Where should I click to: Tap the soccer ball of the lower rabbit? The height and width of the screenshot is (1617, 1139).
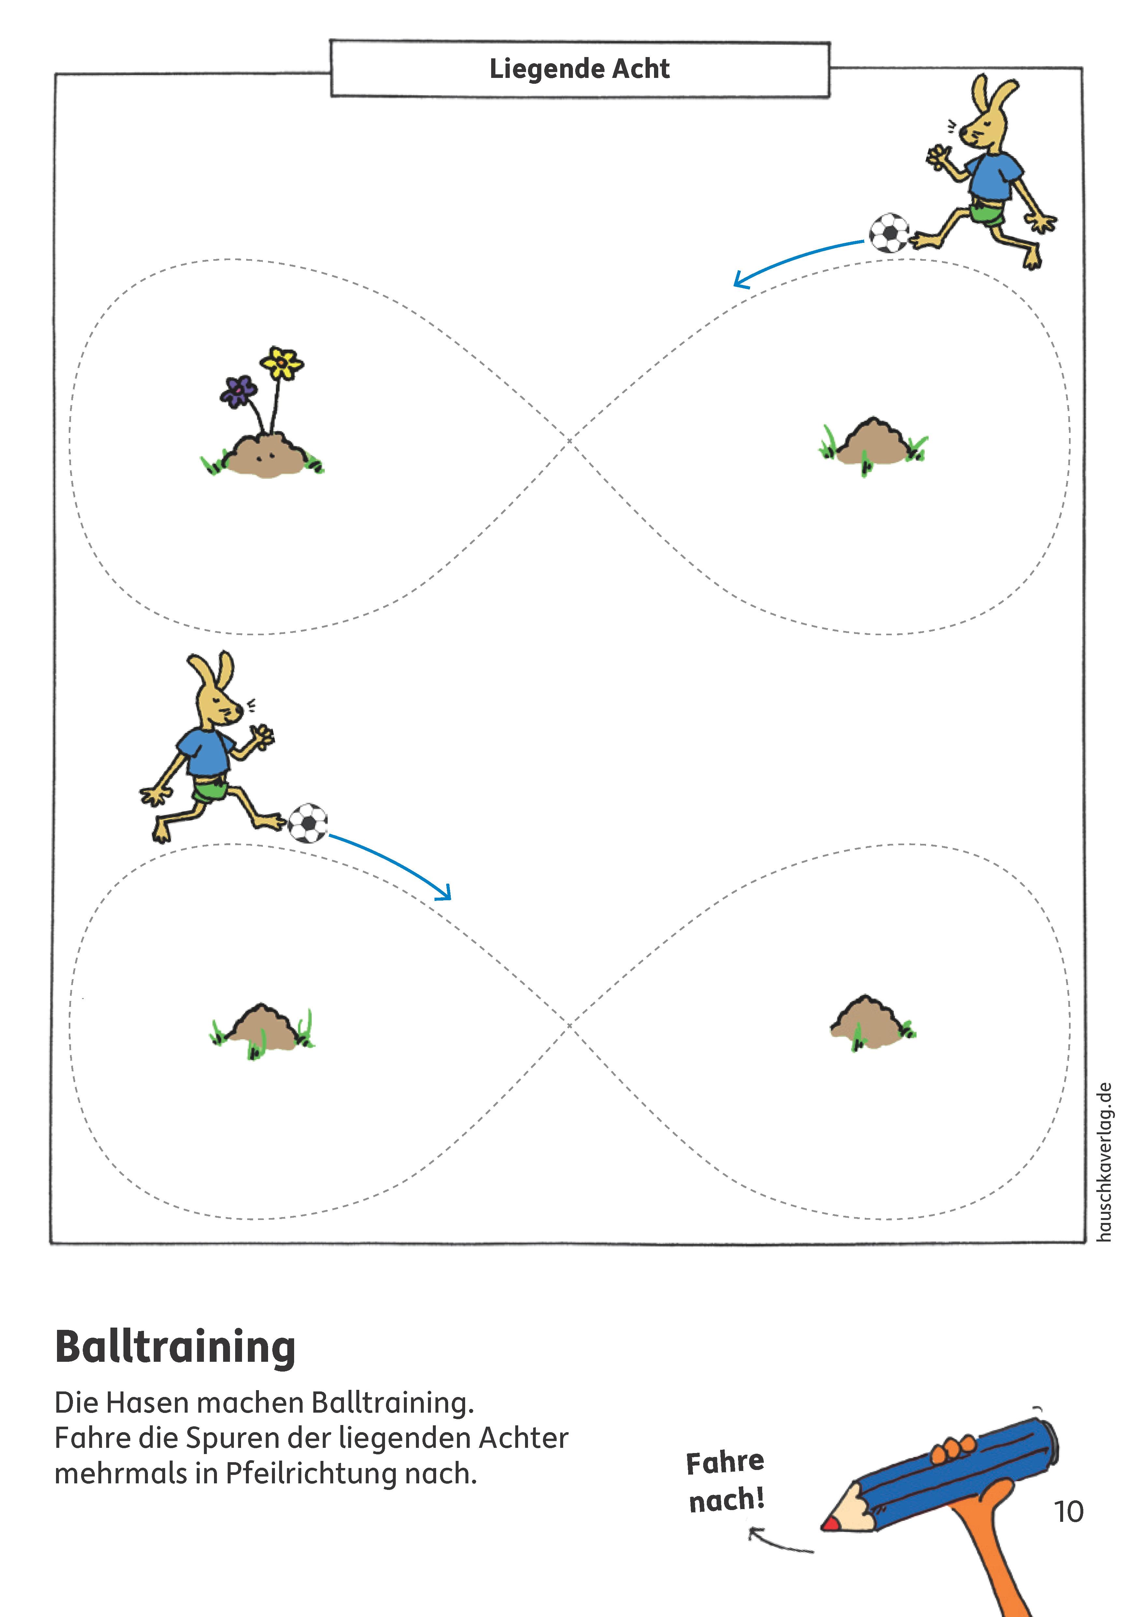pyautogui.click(x=307, y=823)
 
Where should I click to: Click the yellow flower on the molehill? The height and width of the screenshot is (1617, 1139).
pyautogui.click(x=282, y=363)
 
